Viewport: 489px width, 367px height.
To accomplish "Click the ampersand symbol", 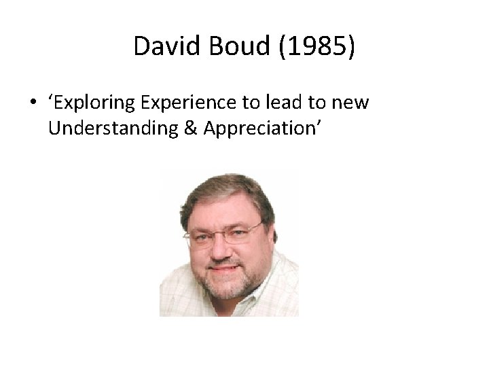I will [x=192, y=128].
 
